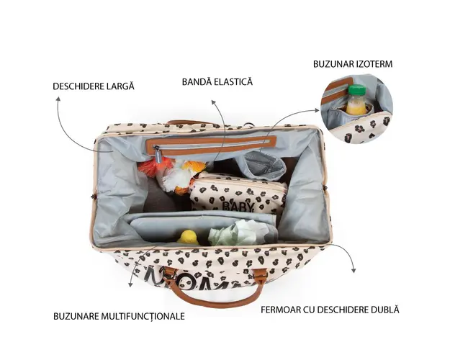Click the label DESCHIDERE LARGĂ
pos(93,86)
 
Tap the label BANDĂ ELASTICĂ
pos(217,82)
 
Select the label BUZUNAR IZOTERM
pos(352,63)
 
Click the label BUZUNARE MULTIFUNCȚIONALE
pos(119,316)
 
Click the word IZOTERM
pos(373,63)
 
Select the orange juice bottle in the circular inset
pos(356,102)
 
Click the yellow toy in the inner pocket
pos(188,236)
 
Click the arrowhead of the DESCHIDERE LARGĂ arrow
pos(58,101)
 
